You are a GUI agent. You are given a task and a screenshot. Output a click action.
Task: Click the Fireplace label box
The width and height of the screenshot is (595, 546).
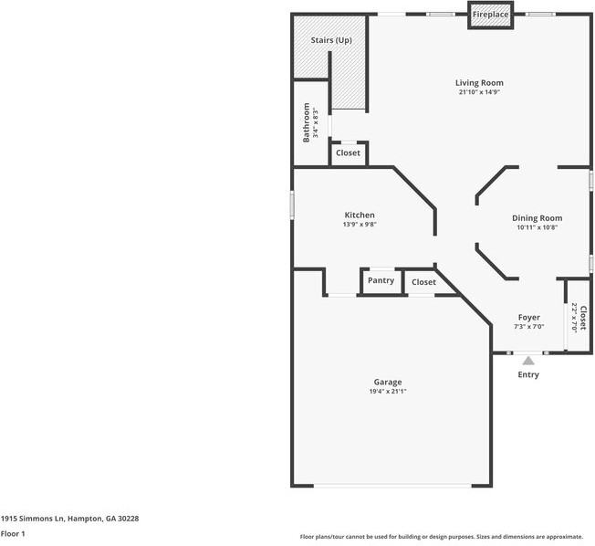pos(490,15)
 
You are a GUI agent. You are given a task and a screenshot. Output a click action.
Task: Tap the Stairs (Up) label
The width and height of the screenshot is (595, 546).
pos(331,40)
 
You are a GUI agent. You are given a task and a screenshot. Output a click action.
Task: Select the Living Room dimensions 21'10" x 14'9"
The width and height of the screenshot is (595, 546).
pos(479,92)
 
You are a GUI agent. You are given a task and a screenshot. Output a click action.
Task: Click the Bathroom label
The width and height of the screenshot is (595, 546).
pos(307,122)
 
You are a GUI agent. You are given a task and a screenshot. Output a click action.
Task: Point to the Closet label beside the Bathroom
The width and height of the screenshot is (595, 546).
pos(348,152)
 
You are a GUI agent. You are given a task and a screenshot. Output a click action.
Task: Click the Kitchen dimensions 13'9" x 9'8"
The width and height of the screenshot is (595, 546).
pos(360,224)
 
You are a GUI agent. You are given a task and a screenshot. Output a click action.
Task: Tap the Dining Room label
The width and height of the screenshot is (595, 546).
pos(537,218)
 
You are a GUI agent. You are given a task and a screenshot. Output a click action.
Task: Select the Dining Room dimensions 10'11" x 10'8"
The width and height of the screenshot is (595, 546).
pos(537,227)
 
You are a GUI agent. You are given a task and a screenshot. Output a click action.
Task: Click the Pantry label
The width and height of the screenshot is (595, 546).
pos(381,280)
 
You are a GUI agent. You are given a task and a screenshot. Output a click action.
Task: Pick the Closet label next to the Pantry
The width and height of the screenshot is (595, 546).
pos(423,282)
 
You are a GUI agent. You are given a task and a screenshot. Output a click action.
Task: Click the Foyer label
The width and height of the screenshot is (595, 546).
pos(529,318)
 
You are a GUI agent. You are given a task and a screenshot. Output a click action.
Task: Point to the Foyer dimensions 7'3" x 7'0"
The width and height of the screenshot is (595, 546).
pos(529,327)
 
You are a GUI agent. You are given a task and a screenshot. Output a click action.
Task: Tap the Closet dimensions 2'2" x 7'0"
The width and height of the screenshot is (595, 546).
pos(574,318)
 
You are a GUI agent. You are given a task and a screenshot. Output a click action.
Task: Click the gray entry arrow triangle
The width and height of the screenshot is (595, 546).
pos(528,361)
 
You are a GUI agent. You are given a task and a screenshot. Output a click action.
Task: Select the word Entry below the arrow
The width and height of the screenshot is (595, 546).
pos(528,374)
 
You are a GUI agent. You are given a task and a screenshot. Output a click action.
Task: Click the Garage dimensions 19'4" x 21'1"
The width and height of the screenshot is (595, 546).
pos(388,391)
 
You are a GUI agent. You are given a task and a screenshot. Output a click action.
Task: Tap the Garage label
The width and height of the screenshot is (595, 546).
pos(388,382)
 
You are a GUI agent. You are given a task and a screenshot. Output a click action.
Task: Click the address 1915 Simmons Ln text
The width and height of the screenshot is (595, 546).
pos(33,519)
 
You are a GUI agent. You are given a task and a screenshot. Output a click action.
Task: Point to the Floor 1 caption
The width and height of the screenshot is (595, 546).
pos(13,533)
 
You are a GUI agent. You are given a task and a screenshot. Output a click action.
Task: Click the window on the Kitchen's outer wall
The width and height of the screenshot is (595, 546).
pos(292,205)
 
